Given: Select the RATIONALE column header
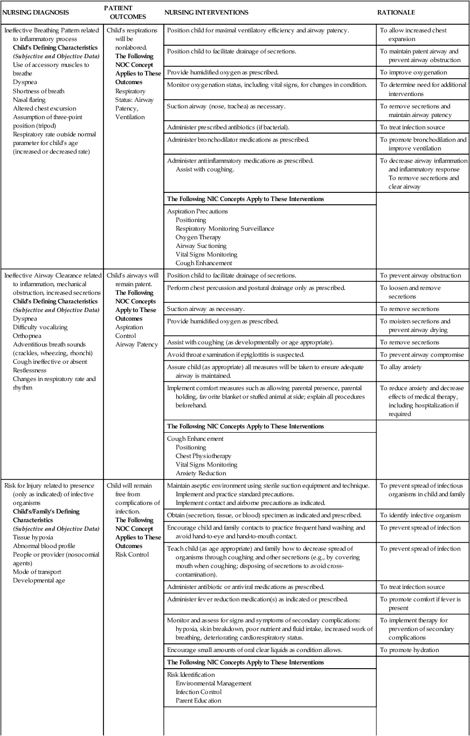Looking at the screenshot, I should click(396, 12).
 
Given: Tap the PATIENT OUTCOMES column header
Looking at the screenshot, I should click(124, 12).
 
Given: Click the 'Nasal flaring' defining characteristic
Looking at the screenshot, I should click(29, 100).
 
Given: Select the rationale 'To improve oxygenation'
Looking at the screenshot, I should click(413, 72).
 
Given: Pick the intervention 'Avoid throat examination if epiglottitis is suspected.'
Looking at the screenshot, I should click(236, 355).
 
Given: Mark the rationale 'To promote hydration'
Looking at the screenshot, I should click(410, 650).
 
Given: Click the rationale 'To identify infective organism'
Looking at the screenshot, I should click(420, 515).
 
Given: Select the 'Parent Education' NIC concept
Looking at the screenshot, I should click(198, 700).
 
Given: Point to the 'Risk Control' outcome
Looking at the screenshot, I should click(132, 554).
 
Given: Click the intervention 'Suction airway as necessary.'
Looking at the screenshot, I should click(206, 309).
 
